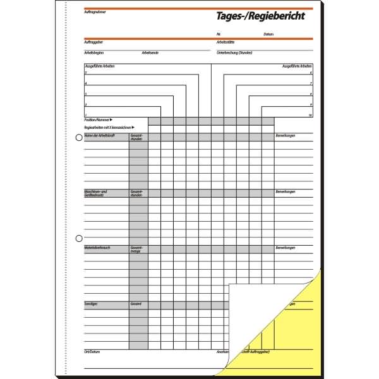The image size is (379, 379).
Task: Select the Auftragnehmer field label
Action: point(92,11)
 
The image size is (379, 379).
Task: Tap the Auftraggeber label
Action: point(92,41)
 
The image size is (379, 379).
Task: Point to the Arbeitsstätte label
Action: point(225,41)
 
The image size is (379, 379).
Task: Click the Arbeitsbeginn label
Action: point(93,52)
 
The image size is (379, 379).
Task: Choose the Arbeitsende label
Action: point(150,52)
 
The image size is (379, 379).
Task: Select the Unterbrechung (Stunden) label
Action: point(235,52)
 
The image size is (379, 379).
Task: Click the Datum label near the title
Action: point(269,33)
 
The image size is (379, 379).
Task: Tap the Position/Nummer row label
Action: point(97,119)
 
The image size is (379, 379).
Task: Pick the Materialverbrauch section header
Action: point(97,248)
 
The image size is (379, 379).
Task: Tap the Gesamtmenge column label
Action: point(136,250)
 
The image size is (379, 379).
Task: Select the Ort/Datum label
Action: point(92,351)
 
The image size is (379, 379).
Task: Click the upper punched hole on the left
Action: point(79,138)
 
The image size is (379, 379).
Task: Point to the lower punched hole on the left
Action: point(79,238)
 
